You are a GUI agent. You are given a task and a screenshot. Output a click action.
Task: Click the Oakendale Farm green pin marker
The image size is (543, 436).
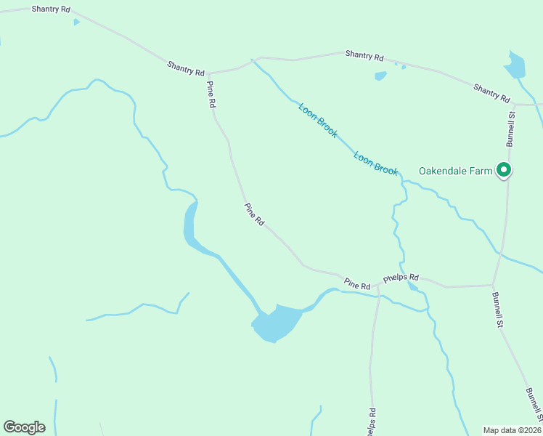[504, 171]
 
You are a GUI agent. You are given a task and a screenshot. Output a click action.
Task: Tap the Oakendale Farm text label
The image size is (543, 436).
[456, 171]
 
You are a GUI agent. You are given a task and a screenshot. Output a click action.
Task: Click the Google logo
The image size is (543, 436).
[24, 427]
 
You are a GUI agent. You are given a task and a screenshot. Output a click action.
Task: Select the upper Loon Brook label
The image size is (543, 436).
[318, 121]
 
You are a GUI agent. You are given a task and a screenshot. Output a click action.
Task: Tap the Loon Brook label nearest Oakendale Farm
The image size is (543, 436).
[376, 163]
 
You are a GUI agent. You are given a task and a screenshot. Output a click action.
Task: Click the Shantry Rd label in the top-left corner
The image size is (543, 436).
[52, 9]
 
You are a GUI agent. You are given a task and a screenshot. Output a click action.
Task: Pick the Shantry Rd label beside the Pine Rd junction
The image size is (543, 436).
[186, 68]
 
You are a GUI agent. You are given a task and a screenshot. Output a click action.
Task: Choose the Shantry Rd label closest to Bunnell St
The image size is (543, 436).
[491, 92]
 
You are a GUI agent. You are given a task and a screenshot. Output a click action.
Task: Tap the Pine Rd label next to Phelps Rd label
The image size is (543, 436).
[357, 283]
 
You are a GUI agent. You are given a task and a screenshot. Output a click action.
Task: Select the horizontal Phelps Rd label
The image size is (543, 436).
[401, 278]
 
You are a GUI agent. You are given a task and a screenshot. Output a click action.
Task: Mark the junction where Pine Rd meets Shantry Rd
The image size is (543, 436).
[208, 73]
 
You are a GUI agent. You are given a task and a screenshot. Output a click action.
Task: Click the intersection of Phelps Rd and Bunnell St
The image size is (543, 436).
[493, 285]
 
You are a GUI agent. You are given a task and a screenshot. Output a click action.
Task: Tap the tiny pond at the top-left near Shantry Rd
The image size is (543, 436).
[76, 22]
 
